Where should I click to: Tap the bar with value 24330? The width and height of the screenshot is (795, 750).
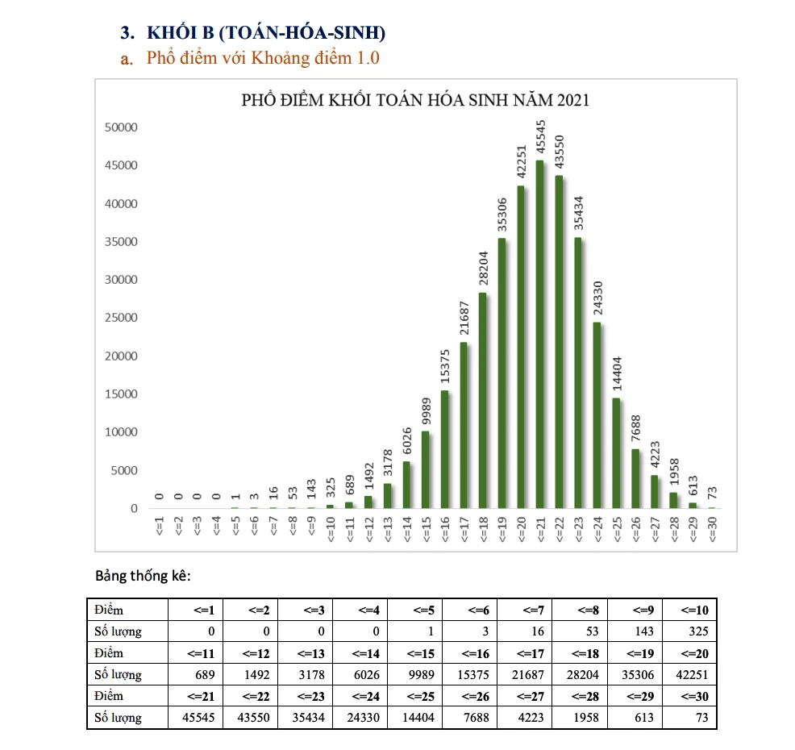[x=597, y=415]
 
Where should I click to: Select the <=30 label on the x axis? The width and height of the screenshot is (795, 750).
[x=712, y=531]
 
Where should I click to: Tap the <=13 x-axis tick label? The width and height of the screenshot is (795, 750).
[x=388, y=531]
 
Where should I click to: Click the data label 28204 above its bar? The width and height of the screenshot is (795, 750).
[x=483, y=269]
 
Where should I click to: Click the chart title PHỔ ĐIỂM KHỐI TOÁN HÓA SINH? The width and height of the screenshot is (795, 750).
[x=415, y=101]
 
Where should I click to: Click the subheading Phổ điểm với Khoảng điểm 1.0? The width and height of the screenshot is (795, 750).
[x=263, y=58]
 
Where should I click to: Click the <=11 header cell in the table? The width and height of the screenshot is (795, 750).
[x=196, y=652]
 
